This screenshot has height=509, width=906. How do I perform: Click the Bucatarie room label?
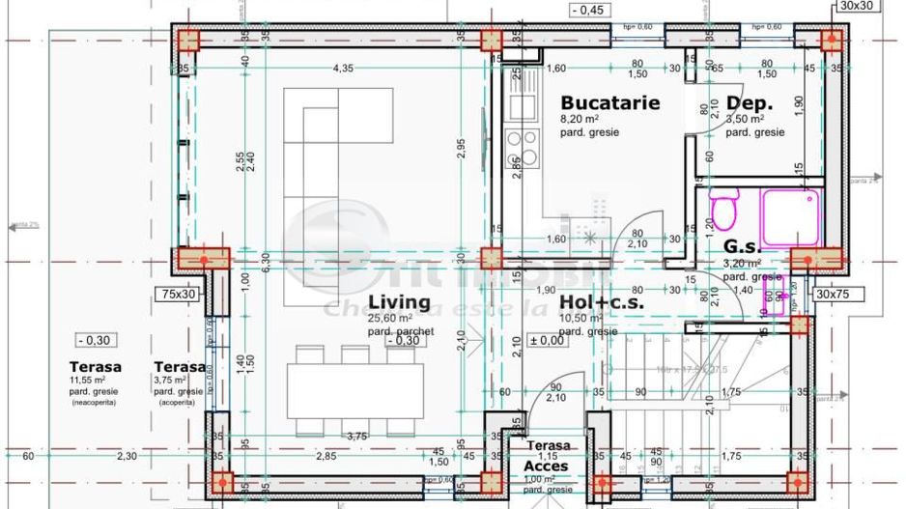coord(609,102)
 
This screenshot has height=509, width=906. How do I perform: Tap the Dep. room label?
coord(747,103)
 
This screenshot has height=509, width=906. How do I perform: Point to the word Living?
coord(398,301)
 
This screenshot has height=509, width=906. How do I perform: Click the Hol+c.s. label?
coord(602,301)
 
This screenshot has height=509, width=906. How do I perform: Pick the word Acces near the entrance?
coord(548,467)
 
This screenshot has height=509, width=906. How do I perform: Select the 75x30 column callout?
coord(178,294)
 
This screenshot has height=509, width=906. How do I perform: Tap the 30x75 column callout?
coord(836,294)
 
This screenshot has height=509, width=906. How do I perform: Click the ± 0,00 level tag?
coord(547,340)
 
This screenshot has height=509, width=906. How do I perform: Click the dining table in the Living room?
coord(354,393)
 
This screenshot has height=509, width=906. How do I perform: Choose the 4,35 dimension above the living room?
coord(343,68)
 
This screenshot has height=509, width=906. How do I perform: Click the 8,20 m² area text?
coord(580,119)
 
